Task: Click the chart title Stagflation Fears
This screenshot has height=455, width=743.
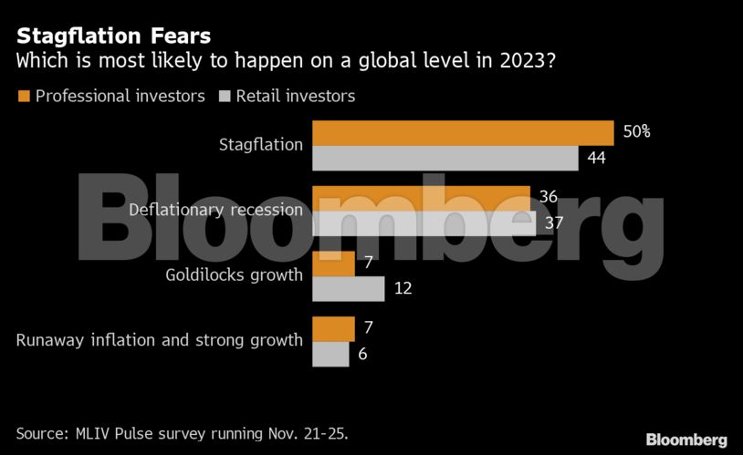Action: click(113, 36)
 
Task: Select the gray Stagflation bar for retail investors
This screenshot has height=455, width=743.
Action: click(445, 158)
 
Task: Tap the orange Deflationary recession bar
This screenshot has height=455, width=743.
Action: click(421, 198)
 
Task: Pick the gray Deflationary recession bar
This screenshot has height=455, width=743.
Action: click(424, 223)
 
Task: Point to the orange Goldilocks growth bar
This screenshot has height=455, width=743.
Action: click(333, 264)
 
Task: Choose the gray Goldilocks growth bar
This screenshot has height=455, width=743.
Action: click(348, 289)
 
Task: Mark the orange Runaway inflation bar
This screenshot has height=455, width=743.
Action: click(333, 328)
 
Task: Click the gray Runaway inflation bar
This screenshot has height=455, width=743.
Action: click(330, 354)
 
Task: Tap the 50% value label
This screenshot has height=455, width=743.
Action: click(636, 132)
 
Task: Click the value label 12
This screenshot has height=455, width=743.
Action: click(403, 289)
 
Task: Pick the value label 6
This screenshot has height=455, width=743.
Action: click(362, 354)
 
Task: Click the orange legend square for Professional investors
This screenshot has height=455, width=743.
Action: click(23, 96)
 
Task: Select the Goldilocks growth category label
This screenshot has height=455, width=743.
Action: click(234, 275)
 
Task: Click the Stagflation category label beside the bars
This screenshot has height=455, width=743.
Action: click(260, 144)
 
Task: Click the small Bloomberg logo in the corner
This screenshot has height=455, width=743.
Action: click(686, 439)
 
